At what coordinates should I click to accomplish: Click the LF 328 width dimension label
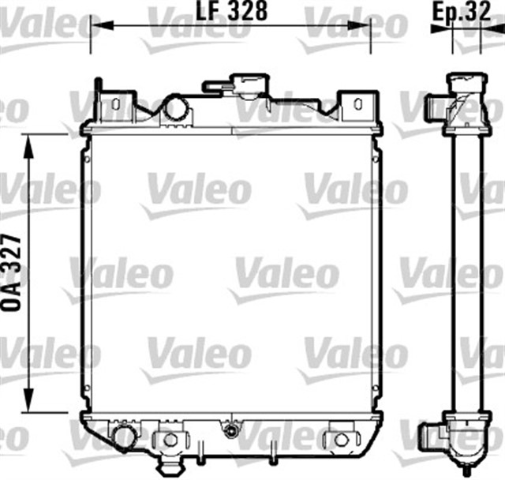click(230, 11)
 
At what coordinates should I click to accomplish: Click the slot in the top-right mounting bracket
click(357, 103)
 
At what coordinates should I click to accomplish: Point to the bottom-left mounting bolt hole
click(167, 439)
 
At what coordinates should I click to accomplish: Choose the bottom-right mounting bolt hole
click(340, 439)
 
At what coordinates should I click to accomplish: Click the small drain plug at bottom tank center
click(230, 431)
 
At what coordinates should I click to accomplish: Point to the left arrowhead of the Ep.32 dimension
click(436, 28)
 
